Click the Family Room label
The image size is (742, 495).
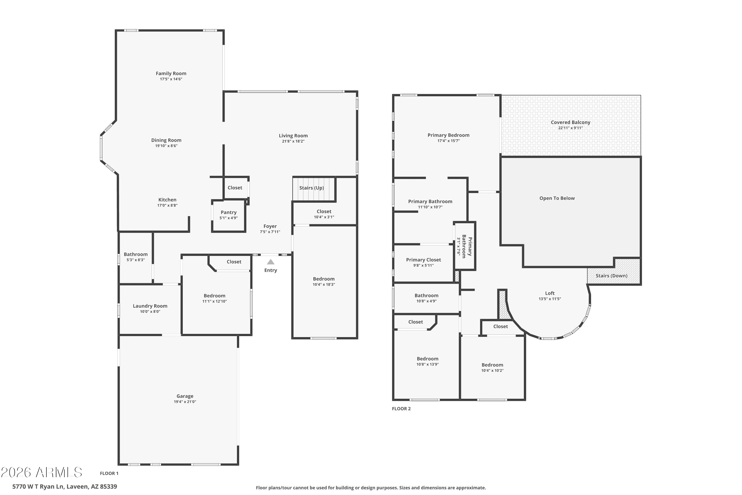(x=171, y=74)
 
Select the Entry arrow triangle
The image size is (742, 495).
(x=271, y=262)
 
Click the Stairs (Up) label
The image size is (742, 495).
(x=312, y=188)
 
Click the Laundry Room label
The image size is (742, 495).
(x=150, y=306)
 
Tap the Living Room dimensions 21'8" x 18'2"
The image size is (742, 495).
(x=293, y=141)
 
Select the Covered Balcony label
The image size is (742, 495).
(x=570, y=123)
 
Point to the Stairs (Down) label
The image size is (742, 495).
(x=611, y=276)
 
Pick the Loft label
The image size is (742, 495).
(x=550, y=293)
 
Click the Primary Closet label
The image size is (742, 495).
(x=423, y=260)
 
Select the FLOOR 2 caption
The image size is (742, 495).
(x=401, y=409)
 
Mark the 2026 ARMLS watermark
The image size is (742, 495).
(x=41, y=472)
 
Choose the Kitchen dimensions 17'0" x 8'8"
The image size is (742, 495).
(x=167, y=205)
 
